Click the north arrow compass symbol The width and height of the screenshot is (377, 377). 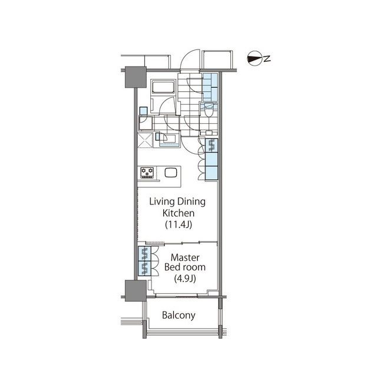click(x=254, y=58)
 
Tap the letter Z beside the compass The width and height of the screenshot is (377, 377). click(x=267, y=58)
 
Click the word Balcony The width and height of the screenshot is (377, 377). click(x=179, y=316)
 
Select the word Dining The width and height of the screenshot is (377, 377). click(x=191, y=201)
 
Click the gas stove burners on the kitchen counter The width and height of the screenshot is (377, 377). click(x=147, y=173)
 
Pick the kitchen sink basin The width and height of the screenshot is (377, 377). click(x=171, y=173)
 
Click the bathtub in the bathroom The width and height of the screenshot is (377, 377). click(x=162, y=88)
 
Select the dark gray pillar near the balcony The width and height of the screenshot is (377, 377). click(x=135, y=291)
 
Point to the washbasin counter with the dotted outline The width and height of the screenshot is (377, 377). click(x=171, y=139)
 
